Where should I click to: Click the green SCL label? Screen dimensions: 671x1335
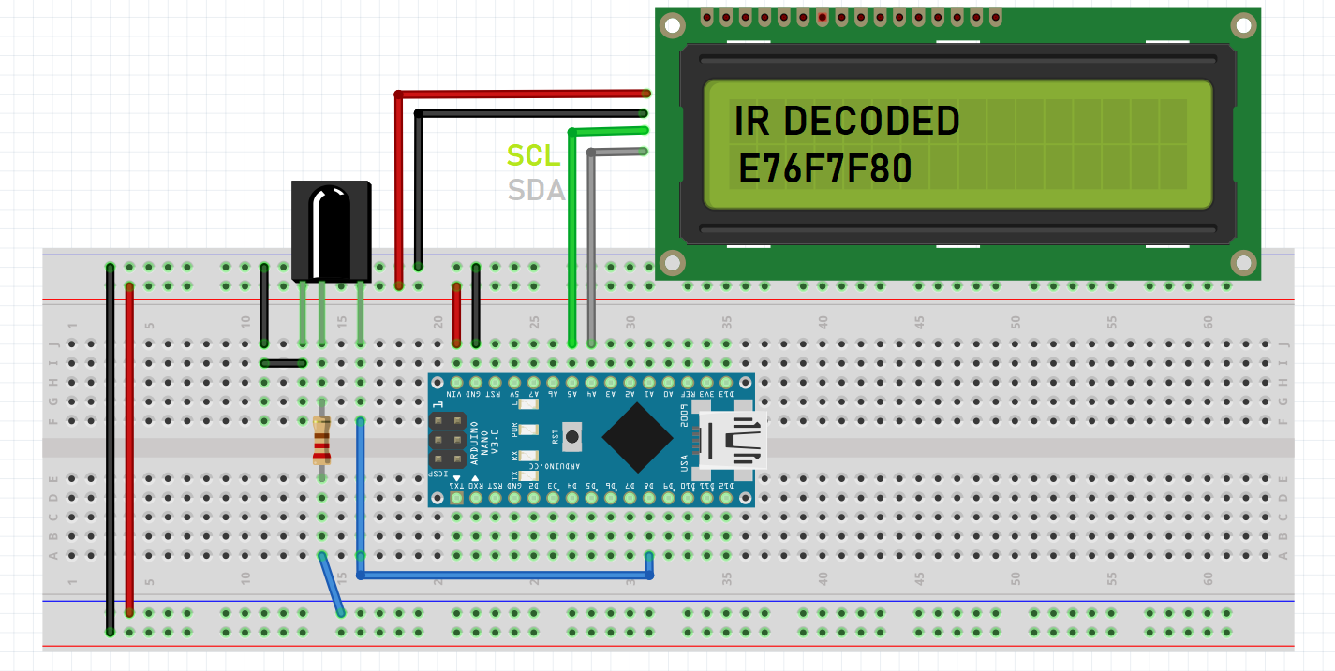coord(533,155)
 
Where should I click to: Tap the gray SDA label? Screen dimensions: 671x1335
coord(536,191)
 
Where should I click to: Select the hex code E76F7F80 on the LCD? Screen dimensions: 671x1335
coord(824,170)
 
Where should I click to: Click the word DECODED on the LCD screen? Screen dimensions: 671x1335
coord(870,122)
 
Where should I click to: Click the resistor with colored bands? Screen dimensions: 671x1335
coord(321,441)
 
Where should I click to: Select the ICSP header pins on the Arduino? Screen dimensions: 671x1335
coord(447,441)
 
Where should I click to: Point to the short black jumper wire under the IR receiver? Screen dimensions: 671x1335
coord(283,363)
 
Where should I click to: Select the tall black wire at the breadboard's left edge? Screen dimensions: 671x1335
coord(111,449)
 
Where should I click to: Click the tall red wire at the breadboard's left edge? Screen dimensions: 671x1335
coord(130,449)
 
